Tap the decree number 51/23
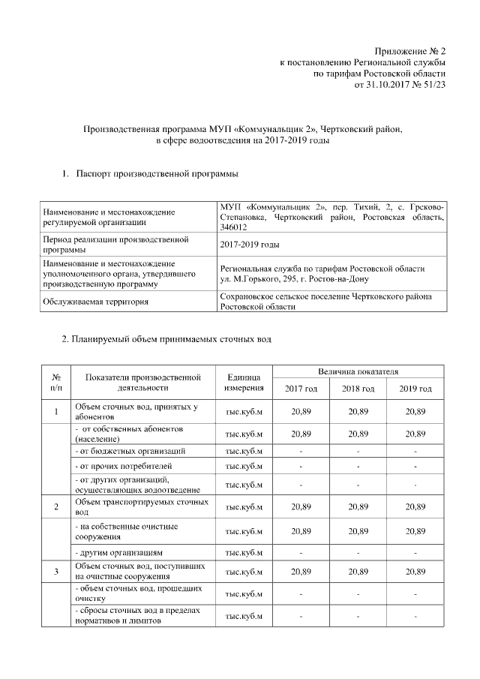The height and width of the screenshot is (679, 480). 433,86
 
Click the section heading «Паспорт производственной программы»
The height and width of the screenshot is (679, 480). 157,174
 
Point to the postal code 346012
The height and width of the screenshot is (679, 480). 233,226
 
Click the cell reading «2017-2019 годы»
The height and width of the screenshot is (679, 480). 249,245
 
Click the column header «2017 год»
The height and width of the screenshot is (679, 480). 301,389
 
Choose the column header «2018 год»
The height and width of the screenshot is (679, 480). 358,389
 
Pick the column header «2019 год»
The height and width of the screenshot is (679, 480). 415,389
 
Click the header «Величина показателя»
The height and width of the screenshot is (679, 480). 358,371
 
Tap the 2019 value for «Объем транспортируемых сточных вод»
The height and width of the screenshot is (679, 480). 415,507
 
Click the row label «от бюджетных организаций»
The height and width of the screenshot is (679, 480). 129,451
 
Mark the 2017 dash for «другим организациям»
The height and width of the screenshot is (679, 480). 301,552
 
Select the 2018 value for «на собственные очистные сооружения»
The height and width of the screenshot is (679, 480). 358,531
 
